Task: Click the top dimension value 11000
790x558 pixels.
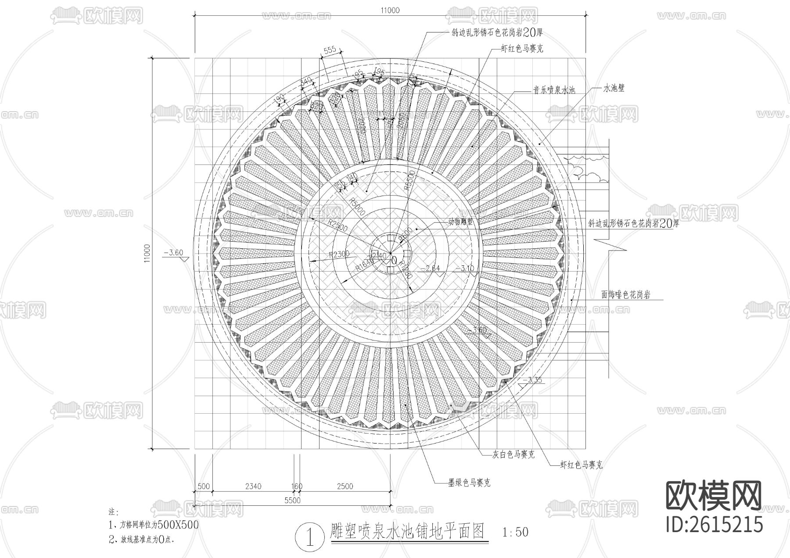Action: [x=390, y=11]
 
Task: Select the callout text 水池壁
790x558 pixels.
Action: [x=614, y=88]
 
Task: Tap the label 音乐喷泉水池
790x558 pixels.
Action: [x=554, y=90]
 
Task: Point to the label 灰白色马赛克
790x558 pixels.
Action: [x=513, y=454]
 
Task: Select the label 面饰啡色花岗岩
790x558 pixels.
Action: [x=625, y=295]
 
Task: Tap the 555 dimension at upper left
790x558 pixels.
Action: [x=330, y=50]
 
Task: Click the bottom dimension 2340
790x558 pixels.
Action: [x=253, y=486]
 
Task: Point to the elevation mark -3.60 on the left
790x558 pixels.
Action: [x=172, y=253]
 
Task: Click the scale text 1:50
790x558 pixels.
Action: [x=515, y=533]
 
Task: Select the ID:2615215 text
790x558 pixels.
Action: [x=714, y=524]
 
